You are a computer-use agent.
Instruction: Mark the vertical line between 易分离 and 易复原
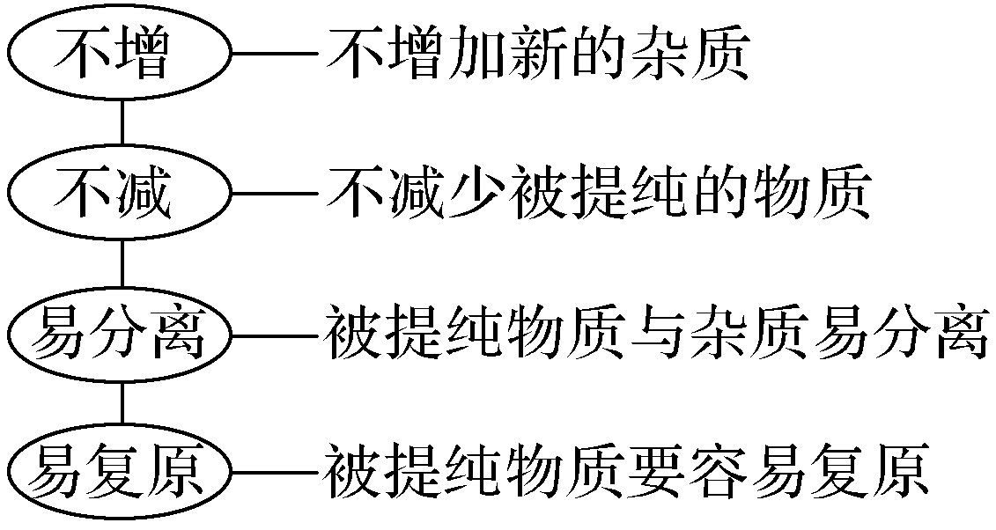[121, 401]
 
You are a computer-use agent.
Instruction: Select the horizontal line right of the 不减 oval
[274, 194]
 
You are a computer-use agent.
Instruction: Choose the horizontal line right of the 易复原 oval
[274, 471]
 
